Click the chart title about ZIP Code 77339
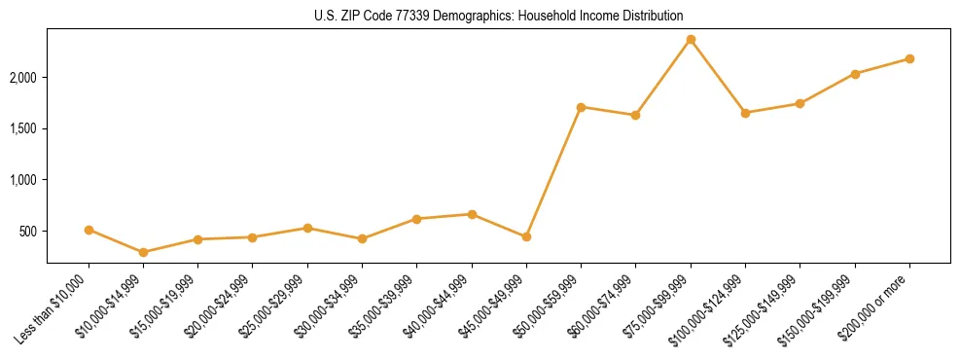point(499,16)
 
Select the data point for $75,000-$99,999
point(691,40)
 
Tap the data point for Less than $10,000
point(89,230)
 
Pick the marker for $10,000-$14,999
point(144,252)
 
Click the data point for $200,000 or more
point(909,58)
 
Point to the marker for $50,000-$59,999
point(581,107)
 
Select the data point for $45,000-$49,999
point(526,236)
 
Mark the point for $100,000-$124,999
point(745,113)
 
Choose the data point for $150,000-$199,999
point(855,74)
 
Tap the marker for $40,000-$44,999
point(472,214)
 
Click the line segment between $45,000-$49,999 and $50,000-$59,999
point(553,172)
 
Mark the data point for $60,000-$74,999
point(635,115)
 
